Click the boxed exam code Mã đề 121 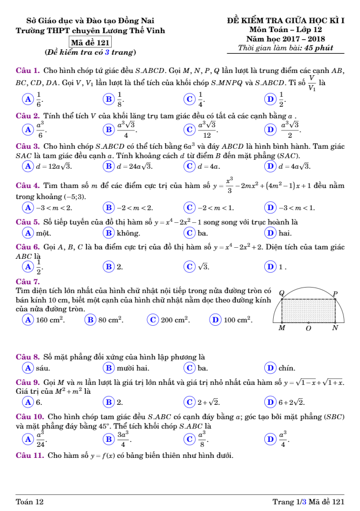pyautogui.click(x=90, y=42)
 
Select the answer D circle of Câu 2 pyautogui.click(x=270, y=129)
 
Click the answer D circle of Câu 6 pyautogui.click(x=270, y=267)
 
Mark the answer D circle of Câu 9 pyautogui.click(x=270, y=401)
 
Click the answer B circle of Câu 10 pyautogui.click(x=107, y=439)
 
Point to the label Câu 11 pyautogui.click(x=30, y=456)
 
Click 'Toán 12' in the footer pyautogui.click(x=29, y=501)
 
